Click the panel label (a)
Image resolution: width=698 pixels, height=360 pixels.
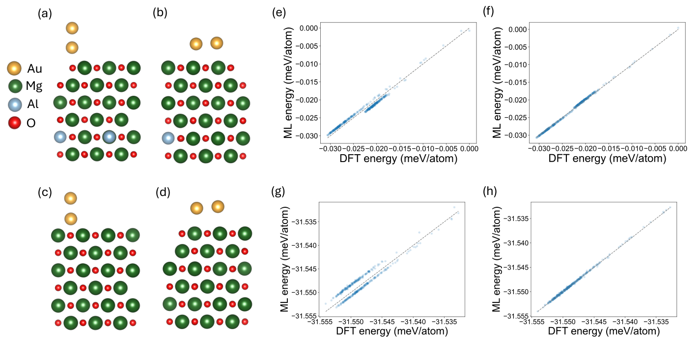pyautogui.click(x=45, y=15)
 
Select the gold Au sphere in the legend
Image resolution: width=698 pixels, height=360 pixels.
pyautogui.click(x=15, y=69)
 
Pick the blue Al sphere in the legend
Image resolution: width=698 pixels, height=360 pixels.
pyautogui.click(x=15, y=104)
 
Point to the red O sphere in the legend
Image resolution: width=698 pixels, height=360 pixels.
pyautogui.click(x=15, y=122)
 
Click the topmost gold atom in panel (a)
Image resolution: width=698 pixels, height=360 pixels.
pyautogui.click(x=72, y=28)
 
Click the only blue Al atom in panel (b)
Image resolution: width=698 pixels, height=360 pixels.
pyautogui.click(x=168, y=138)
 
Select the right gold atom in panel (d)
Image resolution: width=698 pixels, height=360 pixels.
pyautogui.click(x=218, y=206)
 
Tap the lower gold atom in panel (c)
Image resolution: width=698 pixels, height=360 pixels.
pyautogui.click(x=71, y=218)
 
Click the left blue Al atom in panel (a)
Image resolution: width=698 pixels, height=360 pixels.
pyautogui.click(x=59, y=138)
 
